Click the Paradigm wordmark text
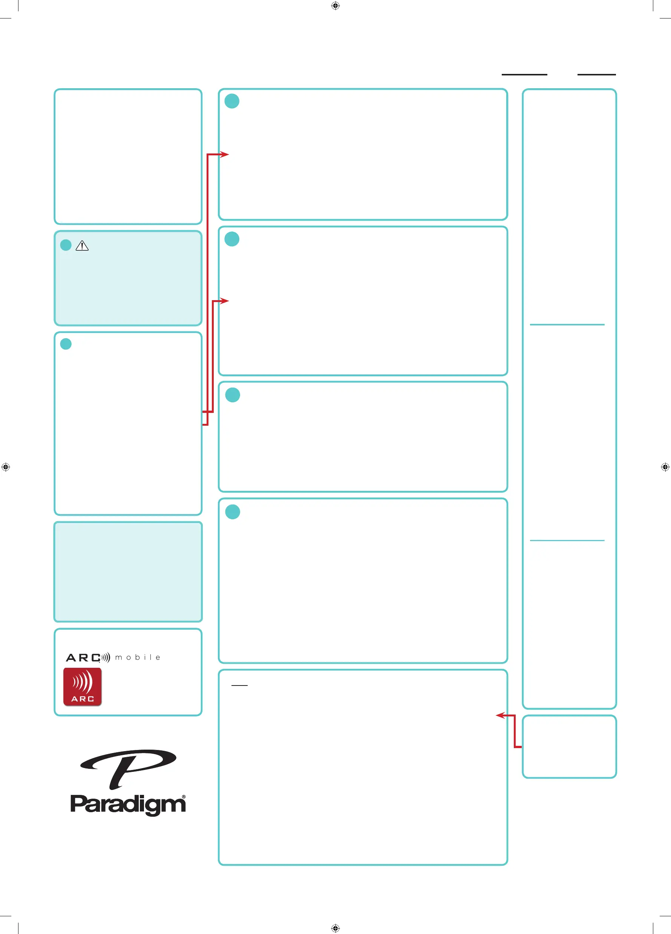(128, 804)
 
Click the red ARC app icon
(82, 687)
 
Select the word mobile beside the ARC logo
(138, 657)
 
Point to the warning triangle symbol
(82, 246)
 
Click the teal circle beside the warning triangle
(66, 245)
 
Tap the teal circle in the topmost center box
(232, 101)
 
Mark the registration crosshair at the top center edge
(335, 6)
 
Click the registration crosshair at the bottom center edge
(335, 928)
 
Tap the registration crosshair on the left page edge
(5, 467)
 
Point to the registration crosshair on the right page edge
(665, 467)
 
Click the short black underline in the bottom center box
(240, 685)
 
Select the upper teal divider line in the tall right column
(567, 325)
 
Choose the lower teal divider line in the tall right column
(567, 540)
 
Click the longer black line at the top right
(524, 75)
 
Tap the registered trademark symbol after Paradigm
(184, 796)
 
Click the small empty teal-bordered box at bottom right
(569, 747)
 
